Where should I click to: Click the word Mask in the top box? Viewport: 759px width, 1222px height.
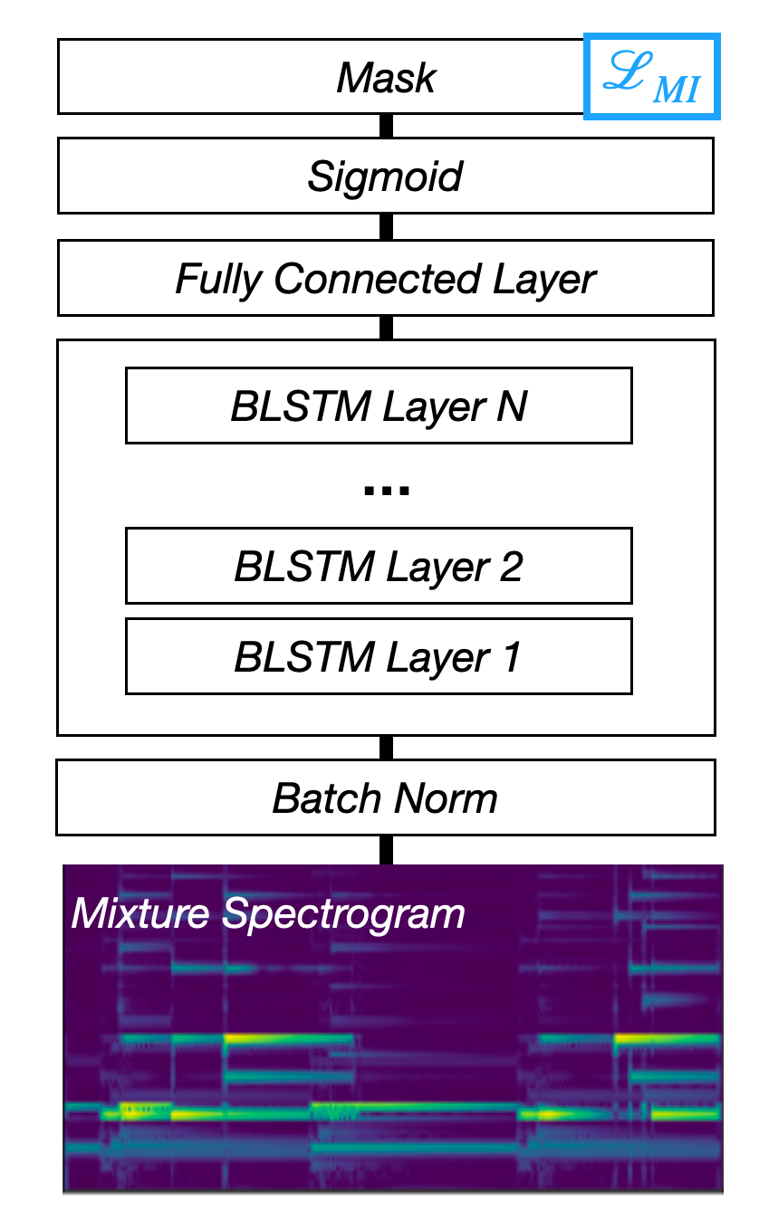386,78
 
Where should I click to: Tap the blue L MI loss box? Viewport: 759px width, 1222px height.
652,76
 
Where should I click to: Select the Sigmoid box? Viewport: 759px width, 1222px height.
386,176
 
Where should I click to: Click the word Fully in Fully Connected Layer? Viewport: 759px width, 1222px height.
219,280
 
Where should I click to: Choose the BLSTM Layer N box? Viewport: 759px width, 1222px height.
379,406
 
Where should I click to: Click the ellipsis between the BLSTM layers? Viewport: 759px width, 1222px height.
387,490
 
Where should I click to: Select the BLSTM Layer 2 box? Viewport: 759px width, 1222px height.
379,566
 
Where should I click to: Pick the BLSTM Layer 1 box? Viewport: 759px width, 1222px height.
379,656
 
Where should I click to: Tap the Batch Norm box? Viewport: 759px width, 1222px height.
386,797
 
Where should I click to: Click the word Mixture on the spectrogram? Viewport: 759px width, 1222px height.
140,913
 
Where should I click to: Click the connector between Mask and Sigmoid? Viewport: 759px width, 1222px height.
386,126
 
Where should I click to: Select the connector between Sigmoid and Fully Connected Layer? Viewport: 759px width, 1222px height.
386,226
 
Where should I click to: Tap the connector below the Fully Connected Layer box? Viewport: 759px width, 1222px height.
386,328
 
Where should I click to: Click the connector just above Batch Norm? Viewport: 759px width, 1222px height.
386,748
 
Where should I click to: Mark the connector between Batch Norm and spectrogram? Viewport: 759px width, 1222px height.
386,850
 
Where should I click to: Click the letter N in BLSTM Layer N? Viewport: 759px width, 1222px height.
512,406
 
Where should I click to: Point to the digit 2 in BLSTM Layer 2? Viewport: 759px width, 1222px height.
511,567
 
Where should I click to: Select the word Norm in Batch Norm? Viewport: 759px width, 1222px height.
446,798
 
